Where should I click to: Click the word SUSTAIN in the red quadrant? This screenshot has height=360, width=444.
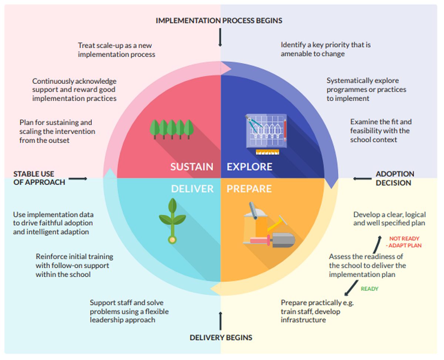(x=192, y=167)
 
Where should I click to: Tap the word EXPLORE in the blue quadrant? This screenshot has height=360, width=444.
(x=249, y=167)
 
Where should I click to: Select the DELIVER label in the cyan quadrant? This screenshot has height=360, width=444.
(x=192, y=189)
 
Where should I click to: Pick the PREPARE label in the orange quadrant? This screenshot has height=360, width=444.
(x=249, y=189)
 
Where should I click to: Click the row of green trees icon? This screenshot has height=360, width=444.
(x=172, y=129)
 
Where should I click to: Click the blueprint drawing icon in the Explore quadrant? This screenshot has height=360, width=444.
(x=265, y=131)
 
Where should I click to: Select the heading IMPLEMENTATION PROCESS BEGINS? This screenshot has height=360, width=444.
(x=219, y=21)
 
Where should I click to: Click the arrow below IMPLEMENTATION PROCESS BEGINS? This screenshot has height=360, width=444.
(x=220, y=37)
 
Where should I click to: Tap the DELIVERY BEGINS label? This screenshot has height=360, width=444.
(x=221, y=337)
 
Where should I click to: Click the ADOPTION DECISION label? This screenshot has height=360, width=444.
(x=395, y=178)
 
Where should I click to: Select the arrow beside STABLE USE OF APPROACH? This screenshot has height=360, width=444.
(x=78, y=179)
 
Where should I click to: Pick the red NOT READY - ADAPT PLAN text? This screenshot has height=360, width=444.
(x=404, y=242)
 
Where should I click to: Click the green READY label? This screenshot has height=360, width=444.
(x=370, y=289)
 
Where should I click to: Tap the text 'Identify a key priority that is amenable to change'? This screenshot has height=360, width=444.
(x=325, y=49)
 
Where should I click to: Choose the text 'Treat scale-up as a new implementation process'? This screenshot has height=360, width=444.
(x=116, y=50)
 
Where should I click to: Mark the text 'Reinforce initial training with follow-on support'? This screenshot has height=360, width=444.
(x=74, y=265)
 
